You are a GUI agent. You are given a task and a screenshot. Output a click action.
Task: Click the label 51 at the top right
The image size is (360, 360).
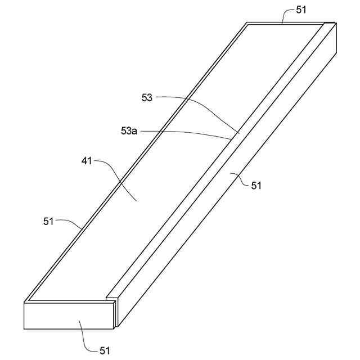click(x=302, y=10)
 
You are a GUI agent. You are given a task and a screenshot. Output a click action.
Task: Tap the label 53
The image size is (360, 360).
click(x=147, y=98)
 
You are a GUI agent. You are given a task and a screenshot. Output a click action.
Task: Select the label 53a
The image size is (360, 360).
click(x=129, y=131)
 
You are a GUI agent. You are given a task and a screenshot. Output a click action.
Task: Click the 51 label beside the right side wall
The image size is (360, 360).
click(x=256, y=185)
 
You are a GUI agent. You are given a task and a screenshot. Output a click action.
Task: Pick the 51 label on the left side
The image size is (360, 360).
click(x=48, y=221)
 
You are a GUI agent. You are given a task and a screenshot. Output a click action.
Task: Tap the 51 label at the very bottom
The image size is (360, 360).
click(x=105, y=350)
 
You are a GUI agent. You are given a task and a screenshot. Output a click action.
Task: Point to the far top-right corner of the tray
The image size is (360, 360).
click(x=336, y=22)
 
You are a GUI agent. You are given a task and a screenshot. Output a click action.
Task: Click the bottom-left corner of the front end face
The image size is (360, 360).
click(x=24, y=329)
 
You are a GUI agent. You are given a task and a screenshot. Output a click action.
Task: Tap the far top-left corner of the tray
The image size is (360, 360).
click(x=246, y=23)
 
